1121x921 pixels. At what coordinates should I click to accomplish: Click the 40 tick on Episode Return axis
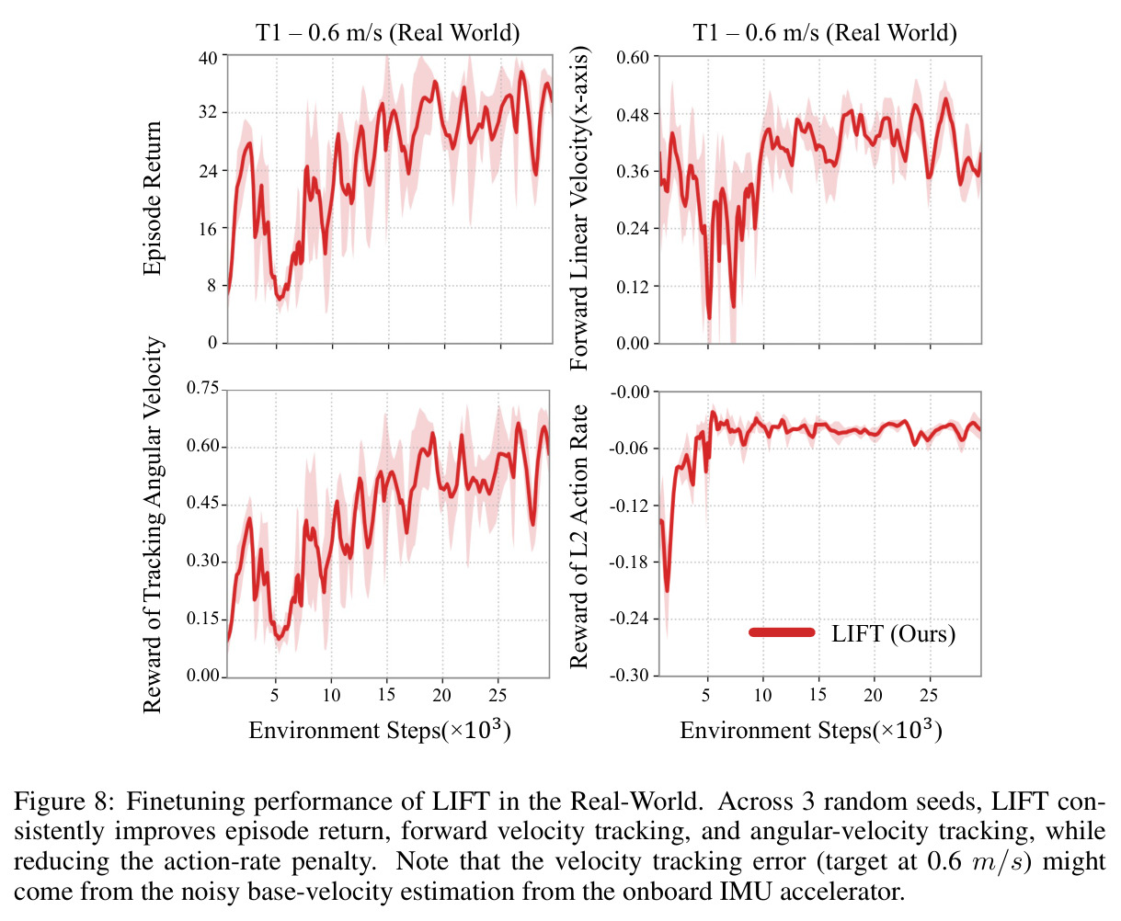[208, 57]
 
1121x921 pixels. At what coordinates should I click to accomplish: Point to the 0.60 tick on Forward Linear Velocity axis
[633, 57]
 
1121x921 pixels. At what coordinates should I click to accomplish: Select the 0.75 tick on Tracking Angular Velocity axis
[202, 388]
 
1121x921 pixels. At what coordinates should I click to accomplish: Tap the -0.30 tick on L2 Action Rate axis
[629, 676]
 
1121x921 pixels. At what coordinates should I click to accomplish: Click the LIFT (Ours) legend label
[893, 633]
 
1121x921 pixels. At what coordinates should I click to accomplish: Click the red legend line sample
[782, 631]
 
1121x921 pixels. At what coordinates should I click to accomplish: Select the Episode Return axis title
[152, 199]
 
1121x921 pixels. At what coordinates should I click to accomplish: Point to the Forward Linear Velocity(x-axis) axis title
[579, 209]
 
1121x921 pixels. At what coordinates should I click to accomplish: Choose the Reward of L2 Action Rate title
[578, 536]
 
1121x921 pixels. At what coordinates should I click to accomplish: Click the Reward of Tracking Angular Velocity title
[152, 525]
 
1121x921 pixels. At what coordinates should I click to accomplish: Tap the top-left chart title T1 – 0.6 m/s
[387, 33]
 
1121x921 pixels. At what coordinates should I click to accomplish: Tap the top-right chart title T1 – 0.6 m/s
[825, 33]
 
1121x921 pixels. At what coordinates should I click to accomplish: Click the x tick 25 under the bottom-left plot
[498, 695]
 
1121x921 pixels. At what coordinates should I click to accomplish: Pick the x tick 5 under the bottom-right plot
[706, 695]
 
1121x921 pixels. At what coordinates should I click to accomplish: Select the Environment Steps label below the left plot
[380, 730]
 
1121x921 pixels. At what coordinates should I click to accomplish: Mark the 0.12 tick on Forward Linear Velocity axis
[633, 287]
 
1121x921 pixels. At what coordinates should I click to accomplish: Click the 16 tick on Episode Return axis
[208, 229]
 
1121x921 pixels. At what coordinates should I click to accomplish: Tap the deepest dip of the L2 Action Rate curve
[667, 590]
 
